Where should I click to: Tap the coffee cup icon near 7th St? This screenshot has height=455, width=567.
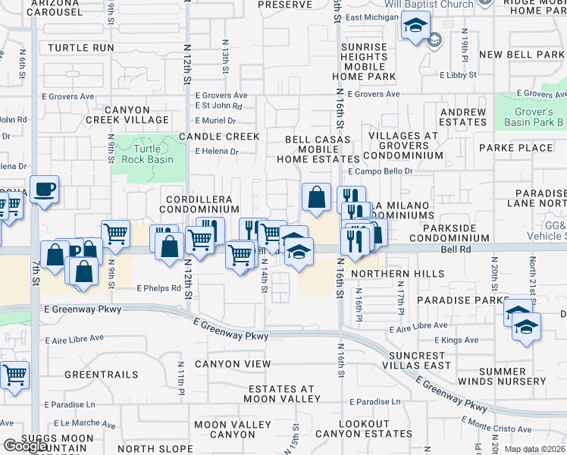pos(44,190)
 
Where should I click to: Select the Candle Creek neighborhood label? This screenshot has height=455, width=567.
pos(219,136)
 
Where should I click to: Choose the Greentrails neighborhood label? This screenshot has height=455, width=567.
pos(102,375)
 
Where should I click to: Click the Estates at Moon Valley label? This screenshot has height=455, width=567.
pos(283,394)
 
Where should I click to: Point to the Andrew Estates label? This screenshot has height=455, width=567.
pos(463,117)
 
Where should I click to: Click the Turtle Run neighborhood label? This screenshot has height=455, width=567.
pos(80,48)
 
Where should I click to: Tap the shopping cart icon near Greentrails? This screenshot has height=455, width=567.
pos(15,375)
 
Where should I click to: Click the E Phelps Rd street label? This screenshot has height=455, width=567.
pos(159,289)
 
